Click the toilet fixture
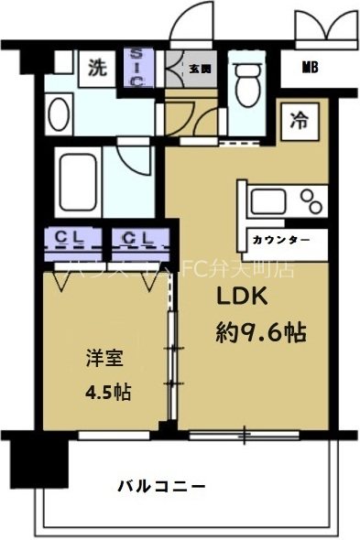click(x=245, y=87)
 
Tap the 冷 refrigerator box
click(x=299, y=119)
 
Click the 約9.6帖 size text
click(x=259, y=330)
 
